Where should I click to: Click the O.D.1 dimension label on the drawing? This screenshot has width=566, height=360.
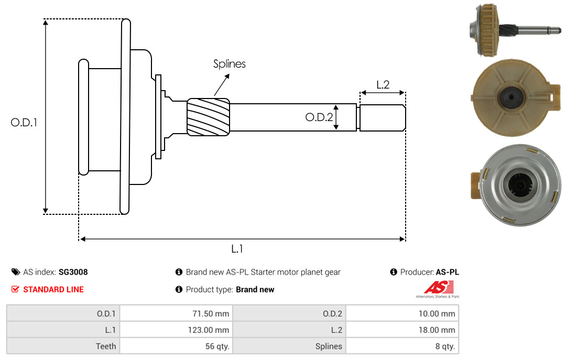24,122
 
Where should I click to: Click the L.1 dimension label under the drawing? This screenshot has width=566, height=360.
237,249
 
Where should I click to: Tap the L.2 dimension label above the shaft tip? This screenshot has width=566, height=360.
383,84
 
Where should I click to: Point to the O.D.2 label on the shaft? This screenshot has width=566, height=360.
319,117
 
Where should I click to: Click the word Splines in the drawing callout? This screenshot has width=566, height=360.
229,64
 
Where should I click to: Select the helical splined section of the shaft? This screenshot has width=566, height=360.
209,117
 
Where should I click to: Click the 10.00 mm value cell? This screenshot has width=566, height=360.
402,314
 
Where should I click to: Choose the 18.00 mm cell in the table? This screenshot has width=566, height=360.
402,330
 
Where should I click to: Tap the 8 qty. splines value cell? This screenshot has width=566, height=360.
402,346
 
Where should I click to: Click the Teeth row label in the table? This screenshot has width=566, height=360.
63,346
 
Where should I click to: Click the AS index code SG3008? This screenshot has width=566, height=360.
73,272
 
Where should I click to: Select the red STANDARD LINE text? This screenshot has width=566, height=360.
53,289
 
